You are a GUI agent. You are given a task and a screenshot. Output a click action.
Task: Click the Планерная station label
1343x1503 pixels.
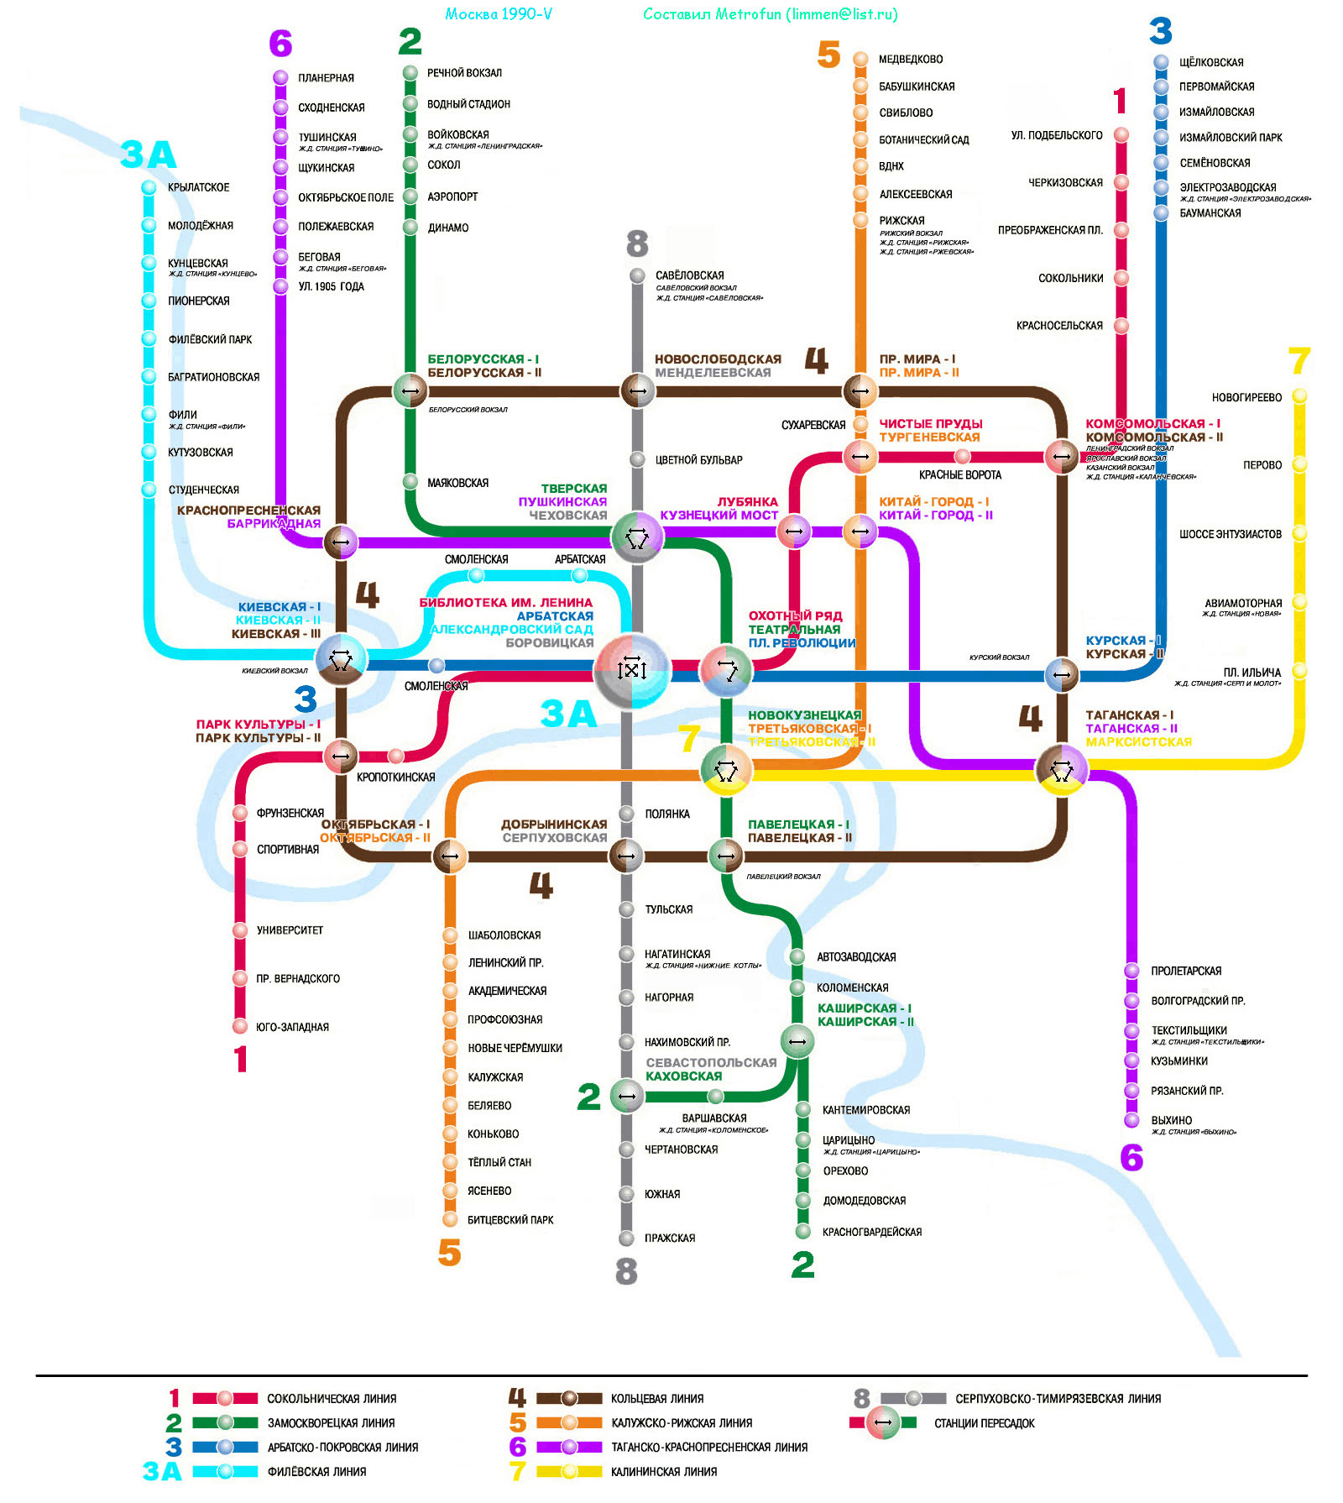[x=326, y=78]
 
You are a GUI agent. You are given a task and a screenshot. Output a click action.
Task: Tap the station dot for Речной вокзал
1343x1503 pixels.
[x=410, y=73]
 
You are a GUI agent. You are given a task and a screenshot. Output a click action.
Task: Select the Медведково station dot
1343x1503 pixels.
[x=860, y=59]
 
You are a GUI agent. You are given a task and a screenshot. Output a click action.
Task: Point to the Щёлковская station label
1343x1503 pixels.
[x=1210, y=62]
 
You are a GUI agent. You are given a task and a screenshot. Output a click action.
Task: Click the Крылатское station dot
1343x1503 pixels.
[x=149, y=187]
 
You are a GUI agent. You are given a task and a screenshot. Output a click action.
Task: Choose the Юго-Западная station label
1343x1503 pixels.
[x=292, y=1027]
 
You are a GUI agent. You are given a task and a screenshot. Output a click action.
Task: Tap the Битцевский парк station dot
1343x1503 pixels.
[x=450, y=1219]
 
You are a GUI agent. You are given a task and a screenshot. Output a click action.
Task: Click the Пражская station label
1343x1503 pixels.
[x=669, y=1238]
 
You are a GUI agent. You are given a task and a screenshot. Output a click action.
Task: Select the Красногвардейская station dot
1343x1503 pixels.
[x=803, y=1232]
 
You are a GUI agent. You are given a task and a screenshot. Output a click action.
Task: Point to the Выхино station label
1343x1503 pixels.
[x=1171, y=1120]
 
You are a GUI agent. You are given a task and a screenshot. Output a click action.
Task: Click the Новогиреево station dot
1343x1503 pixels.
[x=1299, y=395]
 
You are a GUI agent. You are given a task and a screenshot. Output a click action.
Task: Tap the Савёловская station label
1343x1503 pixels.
[x=689, y=275]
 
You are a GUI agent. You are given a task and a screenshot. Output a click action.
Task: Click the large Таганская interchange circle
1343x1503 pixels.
[x=1062, y=769]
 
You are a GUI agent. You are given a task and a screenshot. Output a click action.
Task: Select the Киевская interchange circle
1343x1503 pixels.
[x=341, y=660]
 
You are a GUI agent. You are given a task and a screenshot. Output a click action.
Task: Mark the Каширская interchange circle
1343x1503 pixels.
[x=797, y=1042]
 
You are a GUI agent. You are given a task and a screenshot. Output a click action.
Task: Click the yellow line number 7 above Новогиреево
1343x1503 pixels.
[x=1299, y=362]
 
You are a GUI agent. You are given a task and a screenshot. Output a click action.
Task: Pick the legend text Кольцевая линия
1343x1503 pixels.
[x=657, y=1398]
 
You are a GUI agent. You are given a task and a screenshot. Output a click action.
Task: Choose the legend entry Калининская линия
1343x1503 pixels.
[x=664, y=1471]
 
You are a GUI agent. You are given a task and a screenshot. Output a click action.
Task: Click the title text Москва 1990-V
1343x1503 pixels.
[x=499, y=14]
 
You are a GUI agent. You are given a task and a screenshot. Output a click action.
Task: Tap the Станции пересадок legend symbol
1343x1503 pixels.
[x=882, y=1422]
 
